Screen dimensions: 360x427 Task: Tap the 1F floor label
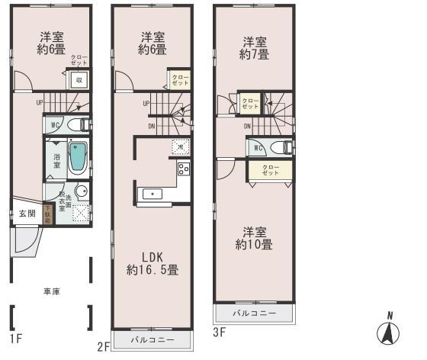click(15, 337)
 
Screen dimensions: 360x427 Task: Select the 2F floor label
click(104, 346)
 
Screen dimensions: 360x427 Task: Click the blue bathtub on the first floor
click(79, 157)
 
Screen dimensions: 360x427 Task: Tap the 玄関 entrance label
click(27, 214)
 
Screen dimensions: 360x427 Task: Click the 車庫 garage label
click(53, 291)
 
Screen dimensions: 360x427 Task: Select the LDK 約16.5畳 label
click(152, 262)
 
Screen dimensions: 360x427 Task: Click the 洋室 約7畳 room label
click(254, 47)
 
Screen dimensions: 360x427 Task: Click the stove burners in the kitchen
click(183, 169)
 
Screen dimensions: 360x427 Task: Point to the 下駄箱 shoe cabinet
click(48, 214)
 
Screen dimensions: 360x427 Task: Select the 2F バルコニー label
click(152, 339)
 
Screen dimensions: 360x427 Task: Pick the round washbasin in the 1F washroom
click(80, 191)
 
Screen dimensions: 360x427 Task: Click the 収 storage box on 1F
click(78, 79)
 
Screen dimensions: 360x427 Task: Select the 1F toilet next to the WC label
click(77, 125)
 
